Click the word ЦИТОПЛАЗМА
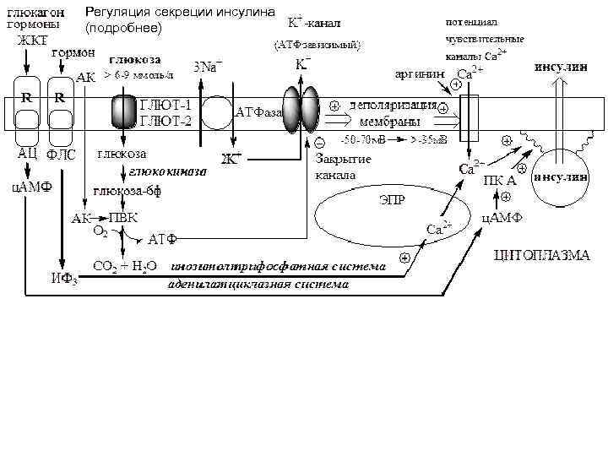[x=542, y=254]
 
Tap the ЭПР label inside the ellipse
[x=389, y=202]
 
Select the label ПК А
[x=500, y=180]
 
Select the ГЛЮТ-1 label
[x=165, y=106]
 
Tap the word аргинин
[x=415, y=74]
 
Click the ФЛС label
[x=61, y=155]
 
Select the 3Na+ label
[x=209, y=67]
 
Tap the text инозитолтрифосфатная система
[x=278, y=267]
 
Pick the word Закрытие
[x=343, y=160]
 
